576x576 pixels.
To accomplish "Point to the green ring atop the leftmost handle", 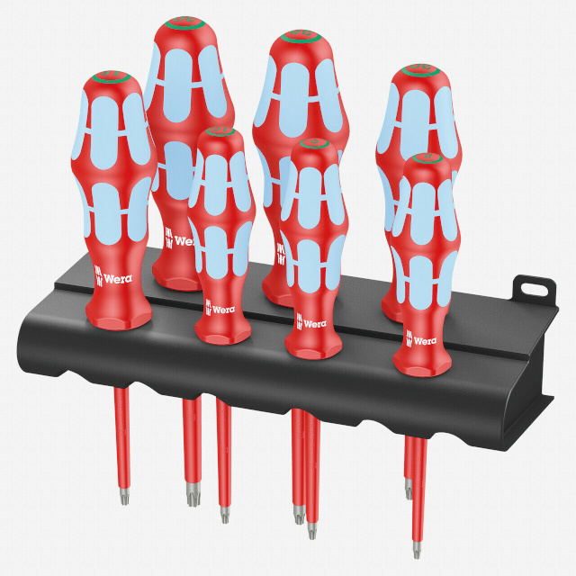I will click(114, 76).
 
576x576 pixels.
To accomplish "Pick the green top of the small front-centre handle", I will click(312, 142).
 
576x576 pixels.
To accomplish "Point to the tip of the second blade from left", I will click(190, 493).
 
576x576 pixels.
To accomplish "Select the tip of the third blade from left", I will click(224, 516).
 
